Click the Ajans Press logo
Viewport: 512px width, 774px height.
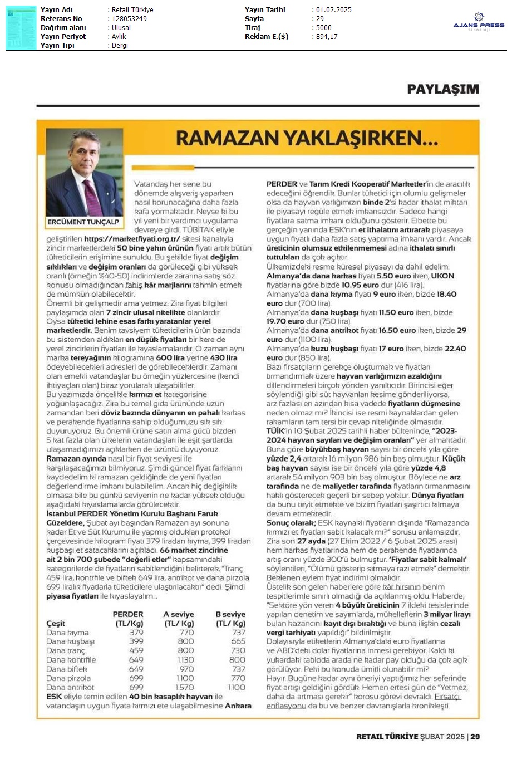pos(479,22)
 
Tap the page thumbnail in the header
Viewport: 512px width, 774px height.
pos(21,27)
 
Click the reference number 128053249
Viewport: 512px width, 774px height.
pos(129,19)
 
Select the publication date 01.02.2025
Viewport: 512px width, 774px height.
pos(333,10)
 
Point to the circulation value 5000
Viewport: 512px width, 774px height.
pos(323,28)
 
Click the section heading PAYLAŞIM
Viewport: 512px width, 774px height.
pos(442,89)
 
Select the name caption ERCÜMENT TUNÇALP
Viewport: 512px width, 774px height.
pos(83,222)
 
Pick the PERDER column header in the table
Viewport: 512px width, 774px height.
pos(128,614)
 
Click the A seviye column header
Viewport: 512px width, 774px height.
pos(179,614)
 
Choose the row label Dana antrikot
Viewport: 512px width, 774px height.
pos(70,687)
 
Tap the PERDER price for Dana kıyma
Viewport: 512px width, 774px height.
pos(136,633)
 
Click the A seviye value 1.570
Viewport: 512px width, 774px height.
pos(184,687)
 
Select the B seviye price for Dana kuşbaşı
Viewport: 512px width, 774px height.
pos(238,641)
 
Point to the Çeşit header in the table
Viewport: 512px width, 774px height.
pos(56,624)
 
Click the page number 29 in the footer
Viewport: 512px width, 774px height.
pos(475,737)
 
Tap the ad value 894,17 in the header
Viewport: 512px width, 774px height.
pos(327,37)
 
